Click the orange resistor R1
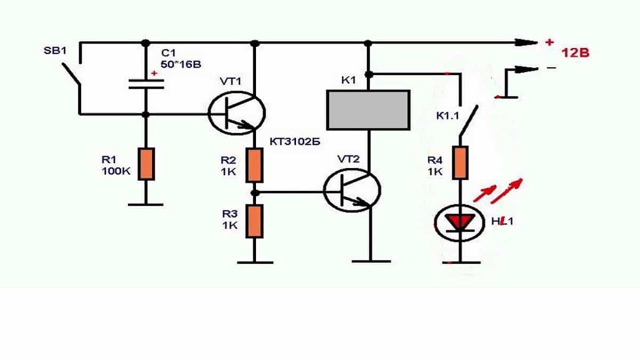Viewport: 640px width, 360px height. click(146, 164)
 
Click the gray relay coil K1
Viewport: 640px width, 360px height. click(368, 110)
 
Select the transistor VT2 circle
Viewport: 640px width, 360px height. click(352, 190)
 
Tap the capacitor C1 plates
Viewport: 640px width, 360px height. click(146, 84)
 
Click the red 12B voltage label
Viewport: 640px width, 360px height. click(574, 53)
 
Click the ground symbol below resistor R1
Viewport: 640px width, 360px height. click(146, 203)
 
